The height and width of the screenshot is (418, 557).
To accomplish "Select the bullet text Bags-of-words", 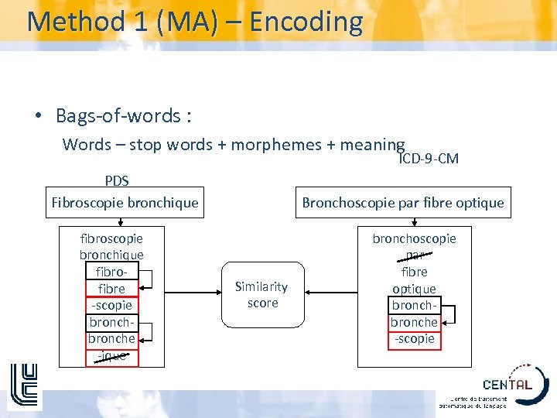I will tap(123, 116).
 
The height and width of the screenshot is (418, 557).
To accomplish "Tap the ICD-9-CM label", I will tap(429, 159).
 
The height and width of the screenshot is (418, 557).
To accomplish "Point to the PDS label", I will tap(117, 181).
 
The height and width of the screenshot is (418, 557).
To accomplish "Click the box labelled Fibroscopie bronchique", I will tap(125, 203).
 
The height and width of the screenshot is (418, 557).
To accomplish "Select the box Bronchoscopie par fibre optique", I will tap(402, 203).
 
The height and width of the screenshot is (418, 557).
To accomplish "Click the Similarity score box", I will tap(262, 295).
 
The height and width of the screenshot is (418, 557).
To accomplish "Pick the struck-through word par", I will tap(415, 255).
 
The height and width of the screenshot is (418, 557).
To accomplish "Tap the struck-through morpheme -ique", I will tap(111, 356).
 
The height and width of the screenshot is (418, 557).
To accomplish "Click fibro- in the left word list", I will tap(111, 272).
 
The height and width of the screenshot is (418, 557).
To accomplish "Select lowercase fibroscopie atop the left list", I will tap(111, 238).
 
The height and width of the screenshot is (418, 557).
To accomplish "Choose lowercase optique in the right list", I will tap(415, 289).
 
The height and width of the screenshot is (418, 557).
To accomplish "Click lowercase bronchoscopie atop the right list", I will tap(415, 238).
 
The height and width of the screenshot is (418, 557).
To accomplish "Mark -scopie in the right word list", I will tap(415, 339).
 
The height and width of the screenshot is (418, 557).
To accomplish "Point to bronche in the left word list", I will tap(111, 339).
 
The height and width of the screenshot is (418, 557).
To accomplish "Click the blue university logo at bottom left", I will tap(24, 385).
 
